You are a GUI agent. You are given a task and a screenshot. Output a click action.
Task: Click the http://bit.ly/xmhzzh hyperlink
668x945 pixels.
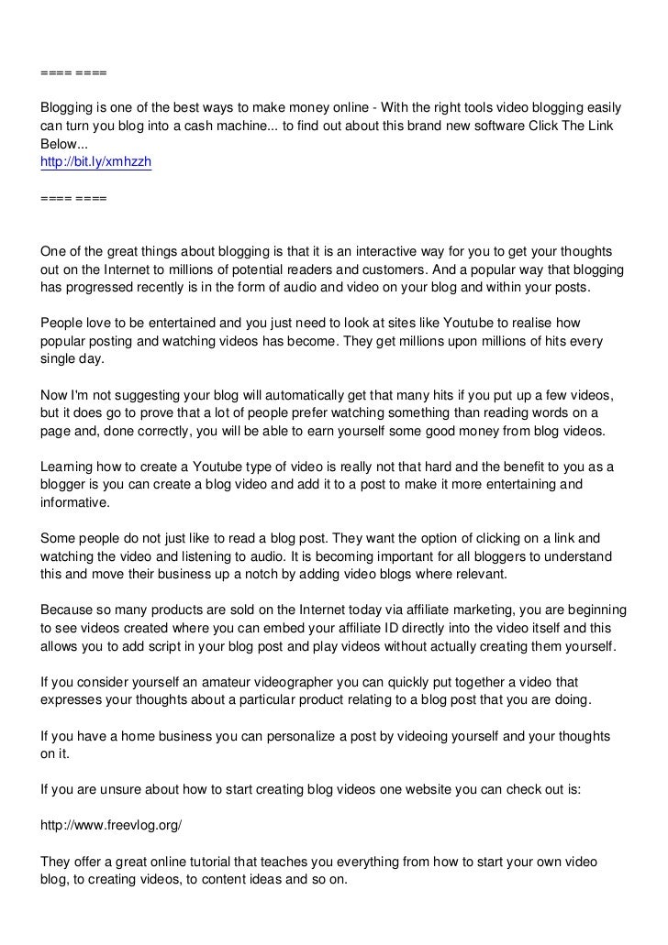click(95, 162)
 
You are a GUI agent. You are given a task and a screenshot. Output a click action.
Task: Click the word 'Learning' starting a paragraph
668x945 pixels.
click(68, 467)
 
